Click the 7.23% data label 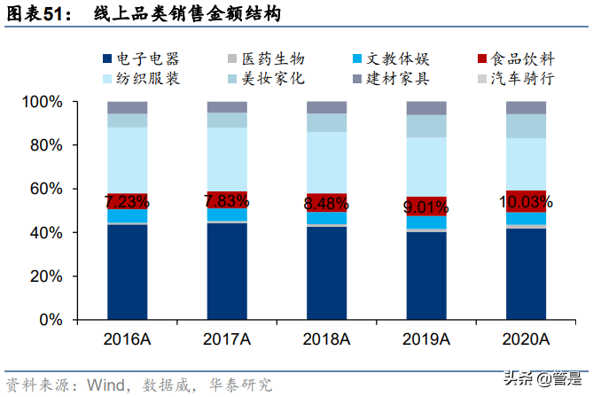coord(127,201)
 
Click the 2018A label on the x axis coord(327,339)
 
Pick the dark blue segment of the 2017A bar coord(227,271)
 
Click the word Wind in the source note coord(104,385)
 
